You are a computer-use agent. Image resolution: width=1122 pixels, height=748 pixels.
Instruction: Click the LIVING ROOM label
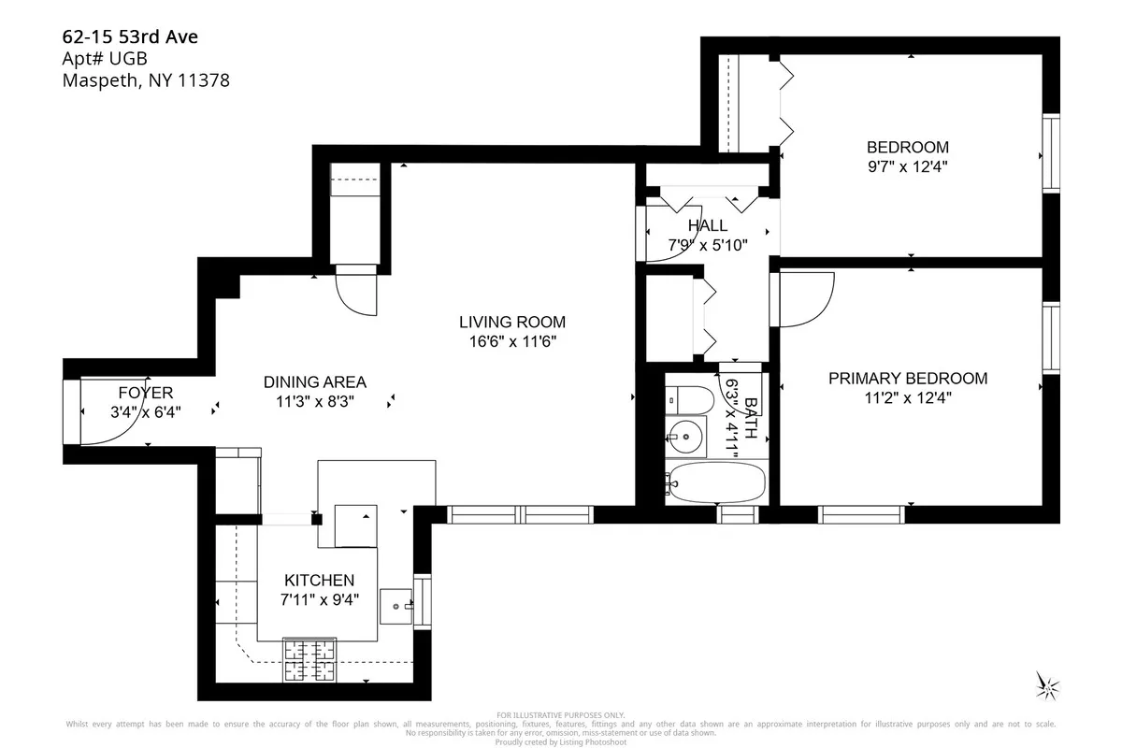(511, 323)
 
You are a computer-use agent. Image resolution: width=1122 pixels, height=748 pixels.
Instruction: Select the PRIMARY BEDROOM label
(907, 379)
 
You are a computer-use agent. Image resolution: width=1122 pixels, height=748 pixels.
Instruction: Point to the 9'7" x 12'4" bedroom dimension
(907, 166)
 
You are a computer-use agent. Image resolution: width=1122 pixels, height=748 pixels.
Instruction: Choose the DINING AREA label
(314, 382)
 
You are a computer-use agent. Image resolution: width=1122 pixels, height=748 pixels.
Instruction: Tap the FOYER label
(145, 393)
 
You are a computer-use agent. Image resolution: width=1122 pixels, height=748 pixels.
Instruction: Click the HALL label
(707, 226)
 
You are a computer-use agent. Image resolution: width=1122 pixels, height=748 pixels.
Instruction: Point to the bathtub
(716, 482)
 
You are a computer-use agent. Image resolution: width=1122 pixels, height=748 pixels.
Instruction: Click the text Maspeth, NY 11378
(145, 81)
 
